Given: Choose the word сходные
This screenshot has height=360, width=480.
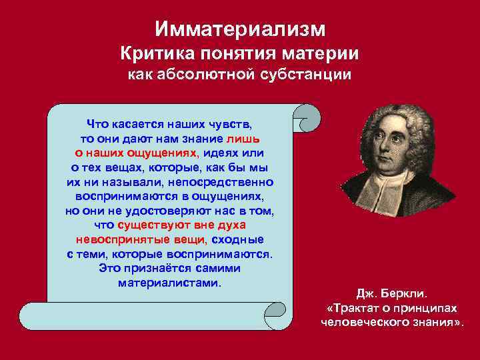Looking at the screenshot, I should point(238,240).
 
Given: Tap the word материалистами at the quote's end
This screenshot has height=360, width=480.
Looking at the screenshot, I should point(169,283).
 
